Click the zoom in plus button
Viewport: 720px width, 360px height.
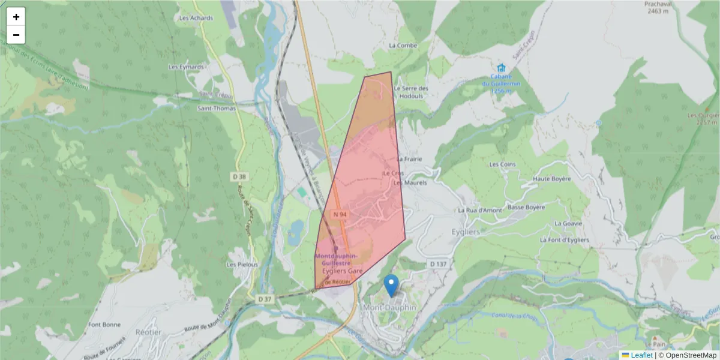pyautogui.click(x=16, y=17)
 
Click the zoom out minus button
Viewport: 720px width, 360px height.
pyautogui.click(x=16, y=35)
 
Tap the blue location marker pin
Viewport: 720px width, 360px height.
pyautogui.click(x=391, y=286)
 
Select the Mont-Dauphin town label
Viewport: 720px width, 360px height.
pyautogui.click(x=389, y=307)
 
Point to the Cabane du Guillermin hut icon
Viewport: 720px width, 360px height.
pyautogui.click(x=501, y=68)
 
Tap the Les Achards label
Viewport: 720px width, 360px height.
pyautogui.click(x=196, y=18)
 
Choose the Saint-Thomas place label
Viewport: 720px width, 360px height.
pyautogui.click(x=217, y=108)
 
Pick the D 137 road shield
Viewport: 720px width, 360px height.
pyautogui.click(x=439, y=264)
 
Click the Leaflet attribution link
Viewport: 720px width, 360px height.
pyautogui.click(x=641, y=355)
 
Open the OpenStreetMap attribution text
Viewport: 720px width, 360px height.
pyautogui.click(x=687, y=355)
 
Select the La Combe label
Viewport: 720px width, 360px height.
pyautogui.click(x=403, y=45)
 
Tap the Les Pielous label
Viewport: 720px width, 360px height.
pyautogui.click(x=242, y=264)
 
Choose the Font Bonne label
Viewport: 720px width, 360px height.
pyautogui.click(x=104, y=325)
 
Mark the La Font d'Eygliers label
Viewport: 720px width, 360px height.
pyautogui.click(x=564, y=240)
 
